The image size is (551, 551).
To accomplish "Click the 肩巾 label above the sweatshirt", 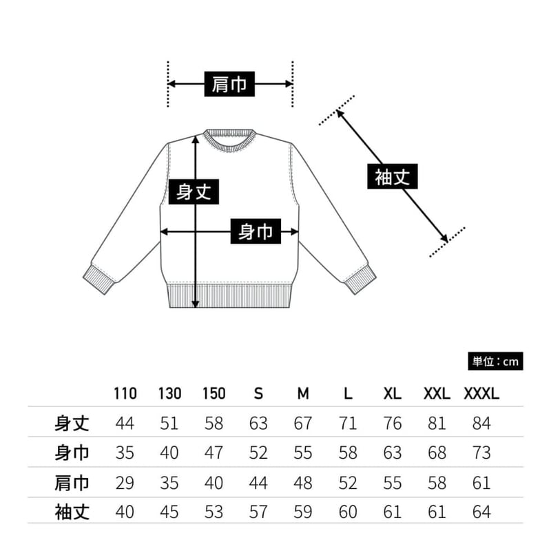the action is tap(230, 84).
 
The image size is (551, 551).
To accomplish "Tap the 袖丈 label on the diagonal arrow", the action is tap(393, 177).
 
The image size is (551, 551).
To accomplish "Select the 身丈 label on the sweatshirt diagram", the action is tap(194, 191).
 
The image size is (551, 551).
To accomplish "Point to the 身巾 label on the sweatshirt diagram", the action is tap(256, 232).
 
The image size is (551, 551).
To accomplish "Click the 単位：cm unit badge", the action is tap(495, 361).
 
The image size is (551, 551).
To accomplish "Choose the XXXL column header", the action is tap(481, 394).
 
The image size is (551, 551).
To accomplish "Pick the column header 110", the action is tap(125, 394).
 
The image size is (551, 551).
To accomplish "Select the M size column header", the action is tap(303, 394).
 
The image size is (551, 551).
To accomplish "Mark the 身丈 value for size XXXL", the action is tap(482, 423).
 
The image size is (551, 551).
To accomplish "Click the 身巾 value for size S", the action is tap(258, 453).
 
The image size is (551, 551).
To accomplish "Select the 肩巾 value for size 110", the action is tap(125, 482).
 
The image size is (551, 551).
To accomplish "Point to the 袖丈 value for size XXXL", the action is tap(482, 512).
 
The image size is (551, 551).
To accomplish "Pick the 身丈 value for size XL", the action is tap(393, 423).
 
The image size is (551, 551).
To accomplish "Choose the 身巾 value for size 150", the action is tap(214, 453).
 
